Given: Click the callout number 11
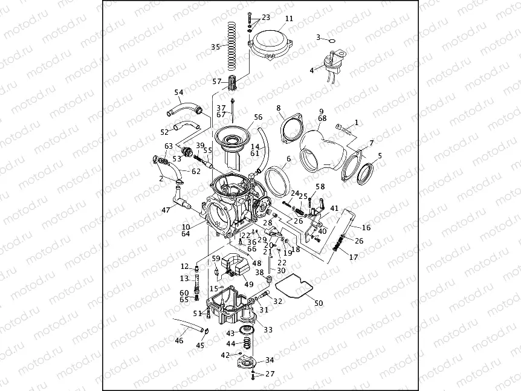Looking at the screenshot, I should point(289,19).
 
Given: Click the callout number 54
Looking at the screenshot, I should point(178,92).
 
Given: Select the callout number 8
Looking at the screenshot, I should point(279,108).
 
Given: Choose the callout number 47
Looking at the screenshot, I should point(166,210).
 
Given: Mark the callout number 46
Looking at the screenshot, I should point(179,341).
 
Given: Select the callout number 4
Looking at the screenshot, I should point(311,70).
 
